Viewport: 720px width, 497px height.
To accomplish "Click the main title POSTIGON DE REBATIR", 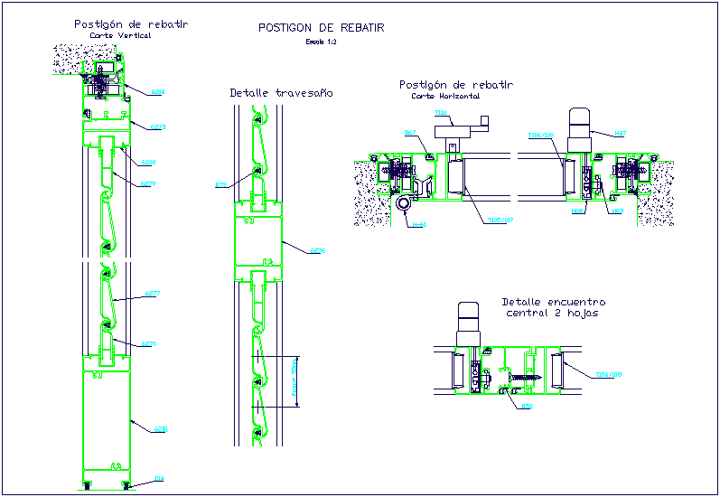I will click(x=321, y=28).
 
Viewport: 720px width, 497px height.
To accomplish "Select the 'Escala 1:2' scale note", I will click(x=321, y=42).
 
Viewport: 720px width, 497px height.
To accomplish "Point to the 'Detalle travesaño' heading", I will click(x=281, y=92).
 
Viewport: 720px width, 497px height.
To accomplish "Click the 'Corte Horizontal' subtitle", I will click(x=445, y=95).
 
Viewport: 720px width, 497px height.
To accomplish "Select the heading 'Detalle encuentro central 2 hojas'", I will click(x=553, y=307).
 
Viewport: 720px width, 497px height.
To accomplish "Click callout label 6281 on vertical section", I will click(x=160, y=428).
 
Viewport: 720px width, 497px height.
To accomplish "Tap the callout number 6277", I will click(x=152, y=294).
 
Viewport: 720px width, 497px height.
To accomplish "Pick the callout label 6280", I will click(x=149, y=163).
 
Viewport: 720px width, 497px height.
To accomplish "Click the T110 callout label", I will click(x=441, y=114).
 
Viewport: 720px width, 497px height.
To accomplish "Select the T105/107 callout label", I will click(x=499, y=219).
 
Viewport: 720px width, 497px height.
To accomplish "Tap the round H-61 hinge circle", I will click(x=401, y=204).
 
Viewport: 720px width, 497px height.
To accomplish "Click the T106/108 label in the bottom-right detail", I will click(x=610, y=373).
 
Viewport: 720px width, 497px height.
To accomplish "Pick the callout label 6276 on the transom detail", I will click(x=317, y=251).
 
